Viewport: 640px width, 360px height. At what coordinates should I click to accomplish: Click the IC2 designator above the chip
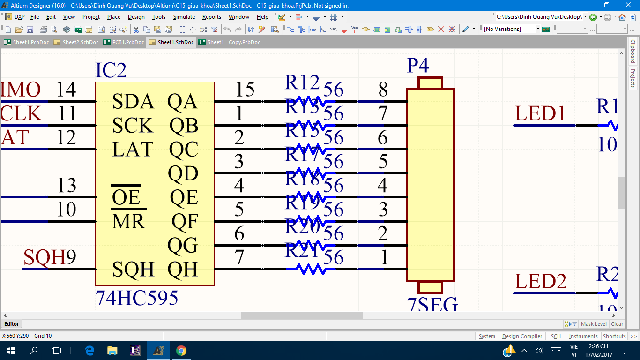[111, 70]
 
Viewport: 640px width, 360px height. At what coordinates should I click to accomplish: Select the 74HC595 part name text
[136, 298]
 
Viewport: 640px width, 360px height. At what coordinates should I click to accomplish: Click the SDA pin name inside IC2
[133, 101]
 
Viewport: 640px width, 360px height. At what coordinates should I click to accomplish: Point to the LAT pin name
[133, 150]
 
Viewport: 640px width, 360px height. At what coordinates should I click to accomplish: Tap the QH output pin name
[183, 270]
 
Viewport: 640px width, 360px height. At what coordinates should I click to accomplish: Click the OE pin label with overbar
[126, 197]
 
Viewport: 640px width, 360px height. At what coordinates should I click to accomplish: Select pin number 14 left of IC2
[66, 89]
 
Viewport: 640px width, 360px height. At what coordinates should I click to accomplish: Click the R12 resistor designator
[302, 83]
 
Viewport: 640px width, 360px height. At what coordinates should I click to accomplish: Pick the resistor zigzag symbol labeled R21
[310, 270]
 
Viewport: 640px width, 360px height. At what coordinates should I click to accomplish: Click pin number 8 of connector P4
[383, 89]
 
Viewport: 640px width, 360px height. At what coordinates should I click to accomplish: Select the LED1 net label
[540, 114]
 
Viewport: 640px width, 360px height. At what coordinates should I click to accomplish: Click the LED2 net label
[540, 282]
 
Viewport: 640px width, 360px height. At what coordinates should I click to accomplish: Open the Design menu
[136, 17]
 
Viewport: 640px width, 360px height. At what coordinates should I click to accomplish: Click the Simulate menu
[184, 17]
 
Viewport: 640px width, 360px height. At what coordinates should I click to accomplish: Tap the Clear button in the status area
[617, 324]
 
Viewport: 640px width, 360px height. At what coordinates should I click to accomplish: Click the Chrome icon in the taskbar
[181, 351]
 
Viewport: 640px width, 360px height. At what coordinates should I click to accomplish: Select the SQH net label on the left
[45, 257]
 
